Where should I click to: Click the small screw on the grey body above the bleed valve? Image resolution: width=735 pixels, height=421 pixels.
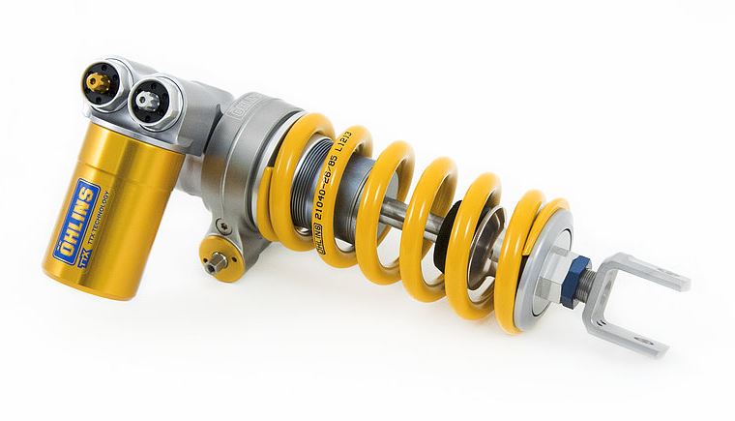point(225,226)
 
